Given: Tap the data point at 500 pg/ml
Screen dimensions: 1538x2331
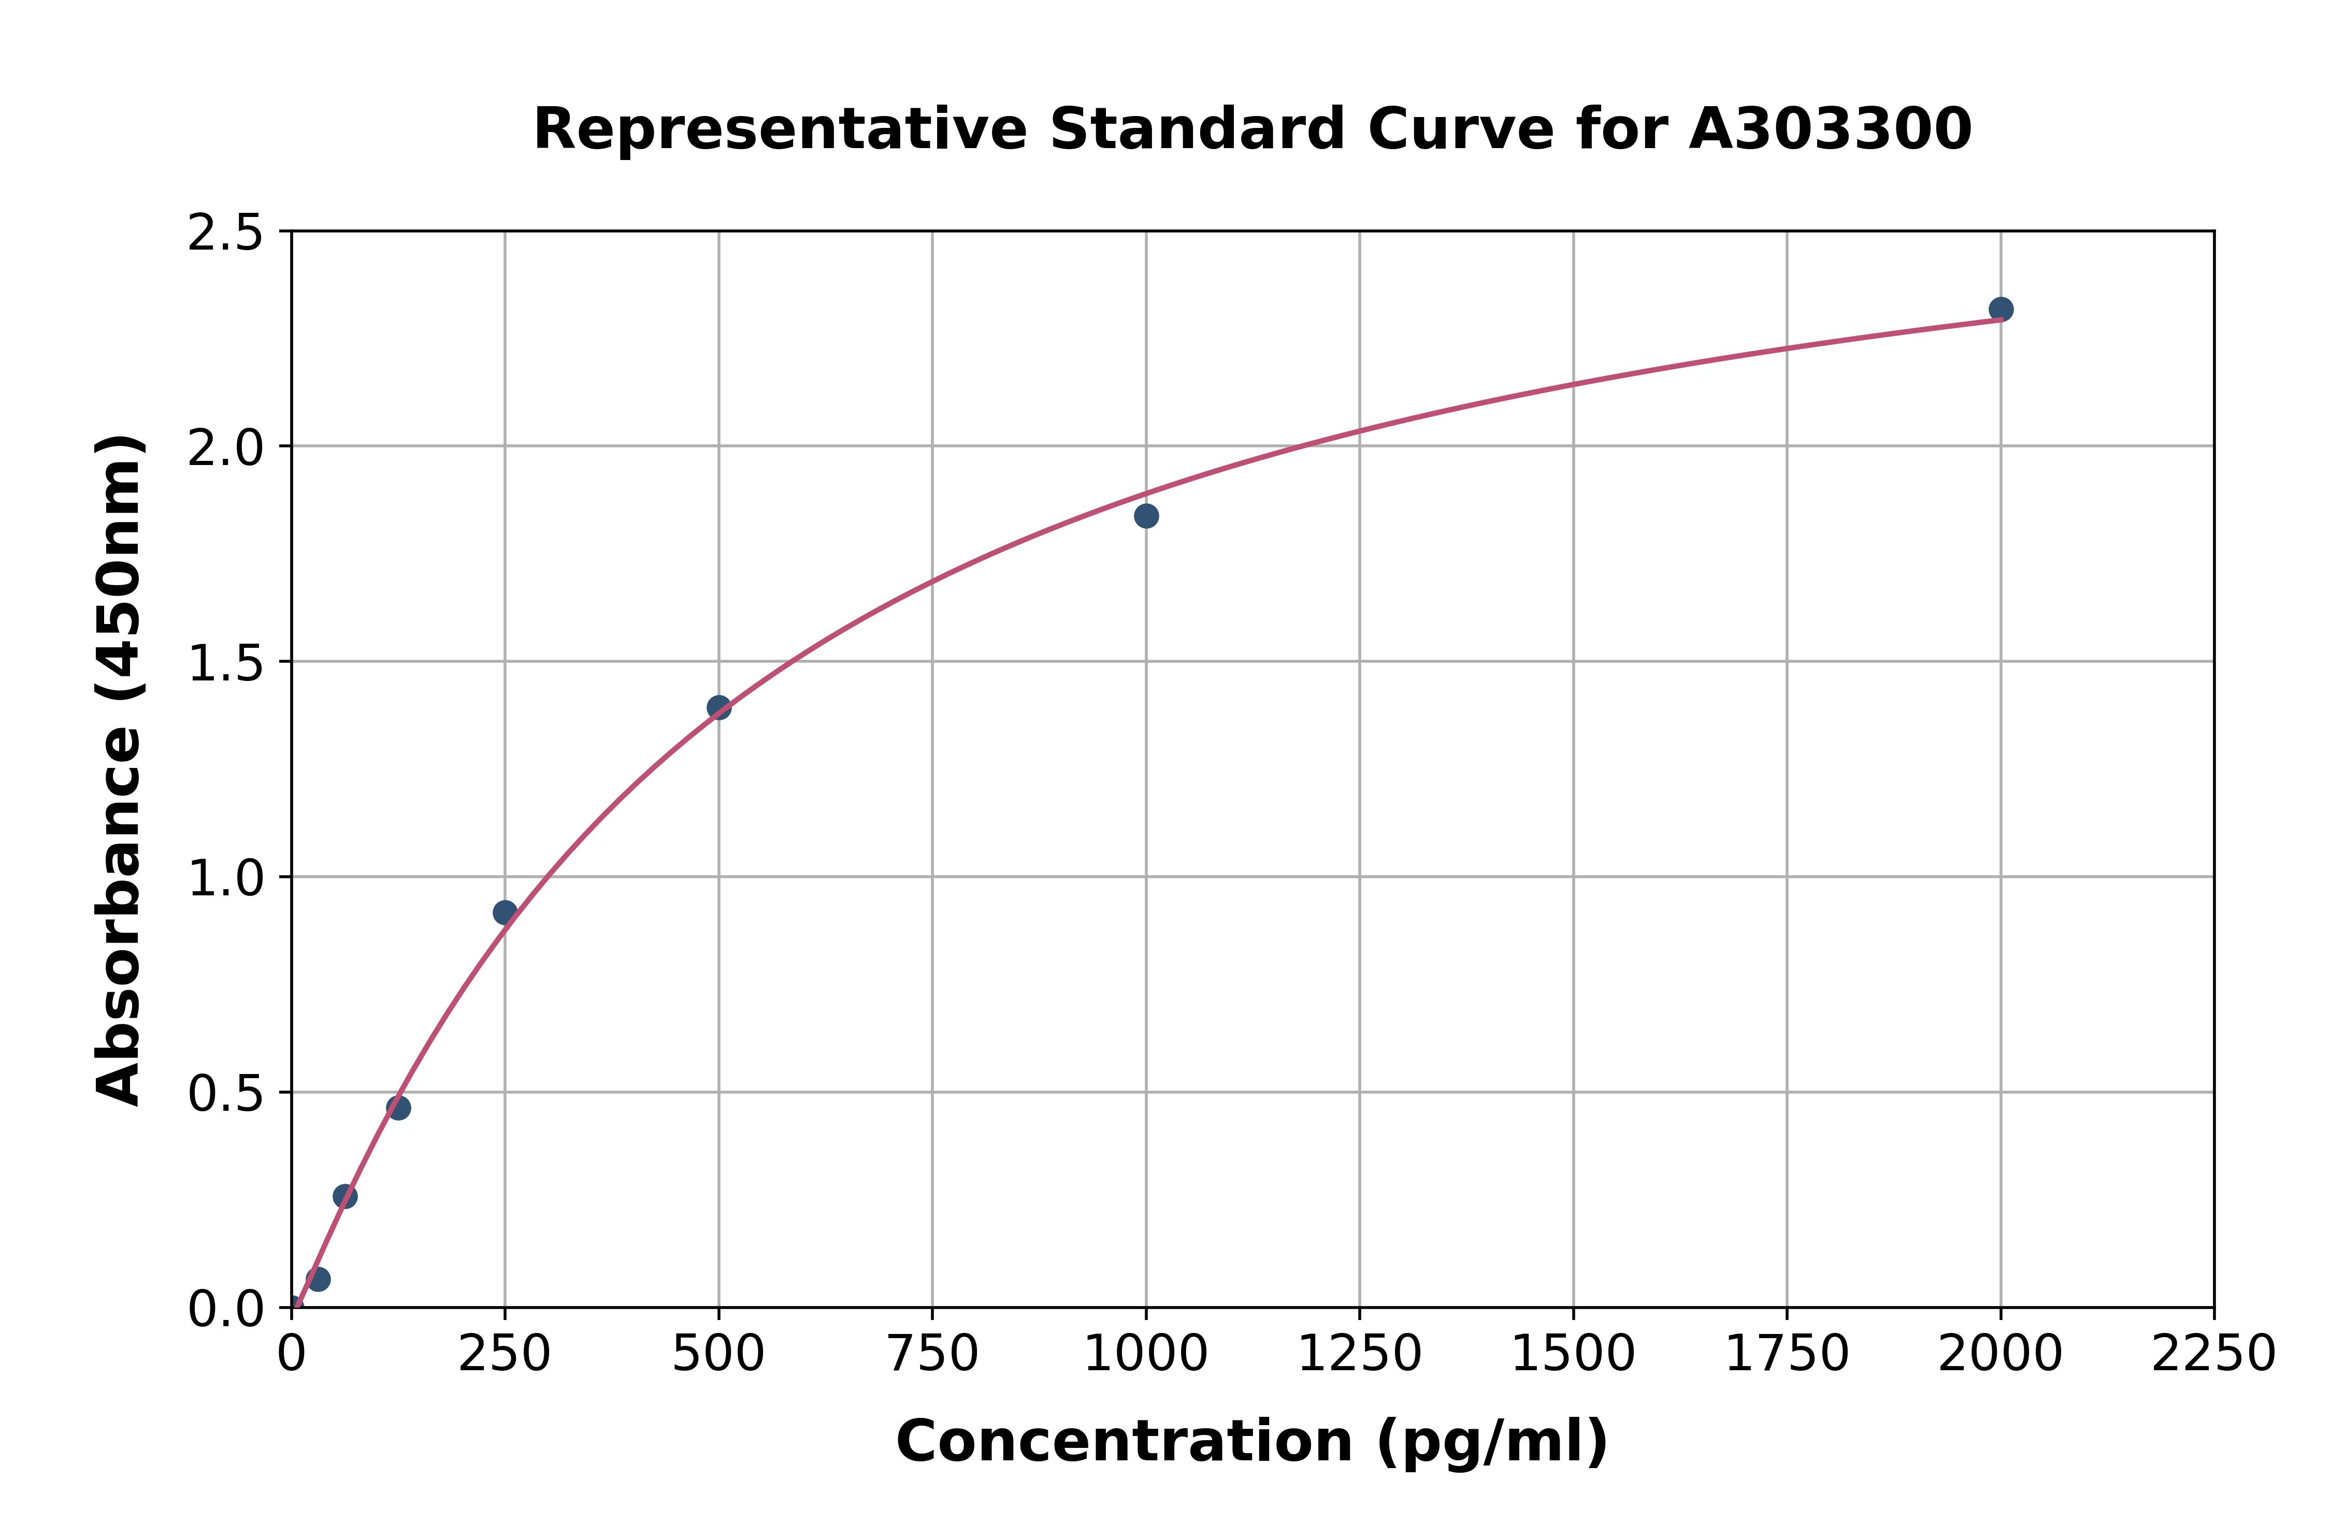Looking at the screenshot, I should pos(719,707).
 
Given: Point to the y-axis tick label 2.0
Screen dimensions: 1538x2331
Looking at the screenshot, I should pos(226,448).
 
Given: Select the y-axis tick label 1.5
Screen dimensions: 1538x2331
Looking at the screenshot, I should pos(226,663).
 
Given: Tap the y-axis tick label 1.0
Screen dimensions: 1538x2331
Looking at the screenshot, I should pos(226,878).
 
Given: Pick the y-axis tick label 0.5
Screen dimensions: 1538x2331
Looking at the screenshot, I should pos(226,1093).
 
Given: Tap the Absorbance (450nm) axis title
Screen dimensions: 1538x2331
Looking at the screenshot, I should pos(120,770).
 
